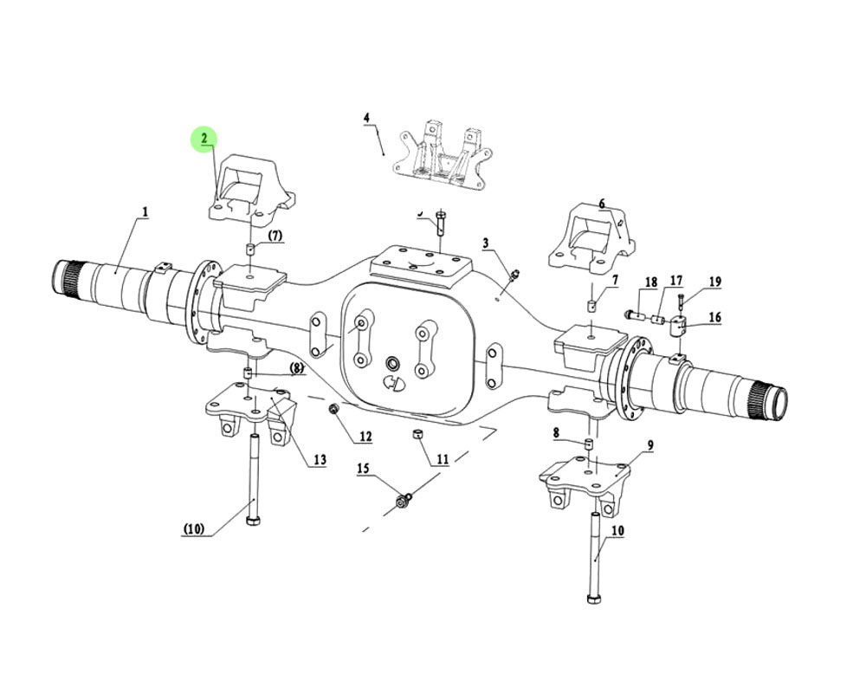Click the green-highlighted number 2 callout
point(204,139)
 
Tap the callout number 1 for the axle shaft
point(145,211)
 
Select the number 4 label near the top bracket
point(365,117)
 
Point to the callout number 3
point(486,243)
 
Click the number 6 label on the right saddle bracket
point(602,204)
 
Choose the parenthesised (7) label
point(274,236)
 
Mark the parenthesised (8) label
point(296,368)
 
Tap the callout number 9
point(649,445)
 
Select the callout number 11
point(443,459)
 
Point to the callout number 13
point(320,459)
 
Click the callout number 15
point(363,469)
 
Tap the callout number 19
point(714,282)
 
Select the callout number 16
point(714,318)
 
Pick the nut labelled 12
point(333,408)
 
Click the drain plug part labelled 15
point(403,500)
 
